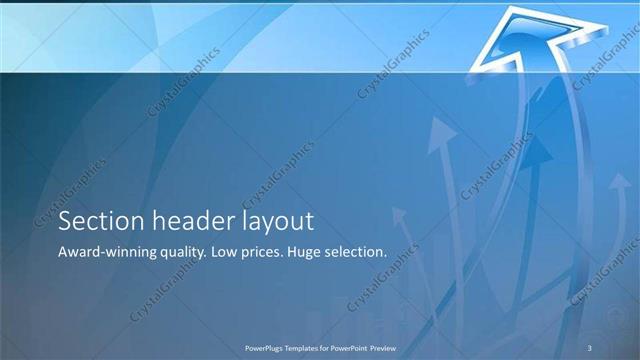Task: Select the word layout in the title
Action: pyautogui.click(x=281, y=222)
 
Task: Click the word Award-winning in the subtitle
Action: pyautogui.click(x=112, y=253)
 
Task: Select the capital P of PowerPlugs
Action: pyautogui.click(x=247, y=347)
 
